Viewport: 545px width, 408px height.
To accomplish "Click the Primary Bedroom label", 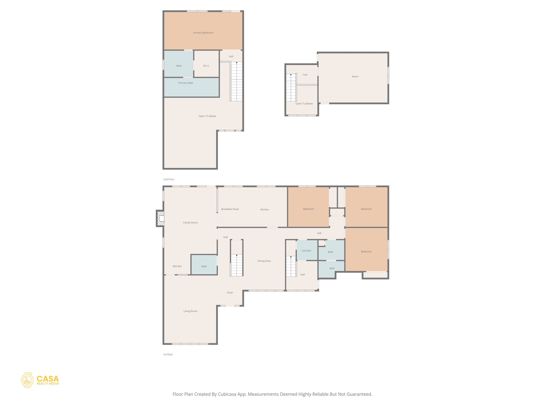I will (203, 33).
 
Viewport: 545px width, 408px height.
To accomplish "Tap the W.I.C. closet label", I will (207, 66).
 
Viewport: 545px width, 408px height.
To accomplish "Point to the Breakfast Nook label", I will (230, 209).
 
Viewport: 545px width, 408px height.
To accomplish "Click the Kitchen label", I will (265, 209).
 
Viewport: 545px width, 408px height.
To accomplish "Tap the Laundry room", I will (306, 250).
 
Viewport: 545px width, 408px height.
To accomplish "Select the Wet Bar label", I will (177, 266).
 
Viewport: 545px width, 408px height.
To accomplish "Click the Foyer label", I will (230, 292).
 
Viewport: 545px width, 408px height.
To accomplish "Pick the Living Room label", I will (191, 311).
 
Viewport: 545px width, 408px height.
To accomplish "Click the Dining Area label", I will (264, 261).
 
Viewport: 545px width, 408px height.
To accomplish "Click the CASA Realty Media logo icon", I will (27, 380).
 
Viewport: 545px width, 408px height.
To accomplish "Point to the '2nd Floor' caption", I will (169, 179).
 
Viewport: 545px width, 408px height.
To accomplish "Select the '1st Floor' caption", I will (168, 354).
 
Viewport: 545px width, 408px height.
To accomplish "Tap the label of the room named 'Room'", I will (355, 76).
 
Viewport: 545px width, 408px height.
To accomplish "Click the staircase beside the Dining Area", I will (237, 265).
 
